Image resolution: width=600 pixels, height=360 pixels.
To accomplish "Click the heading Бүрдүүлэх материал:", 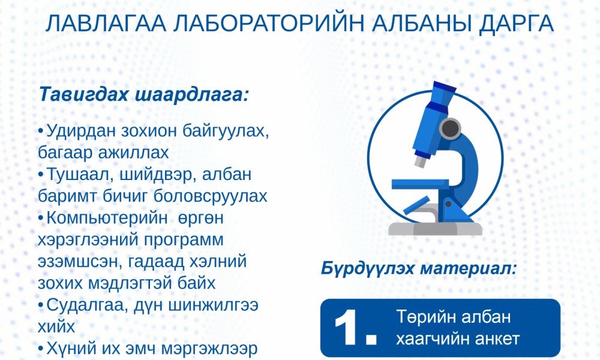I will [419, 268].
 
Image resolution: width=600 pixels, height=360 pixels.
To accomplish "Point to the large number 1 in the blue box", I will [351, 328].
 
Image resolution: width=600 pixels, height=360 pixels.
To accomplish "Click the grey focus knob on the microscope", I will [449, 127].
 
